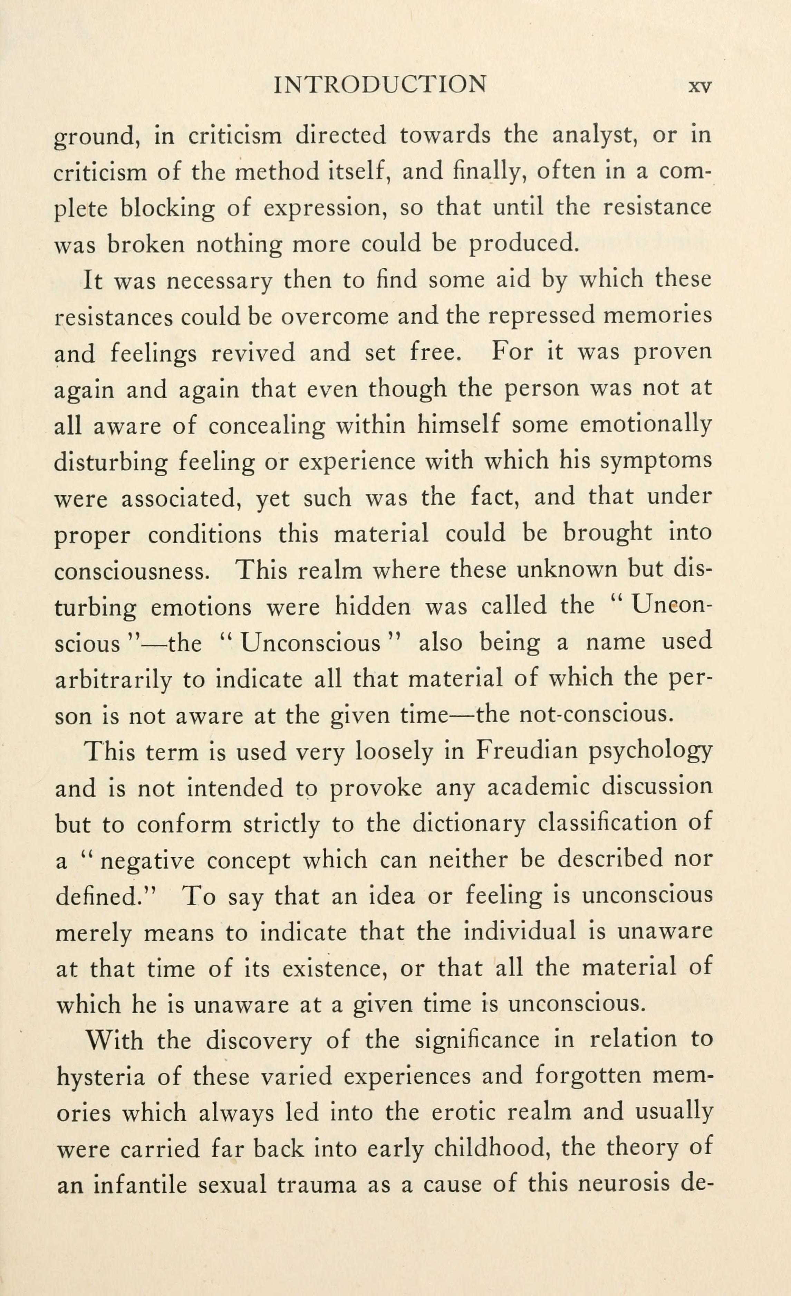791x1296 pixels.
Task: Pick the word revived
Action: pos(253,352)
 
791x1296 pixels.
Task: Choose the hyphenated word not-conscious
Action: pos(596,715)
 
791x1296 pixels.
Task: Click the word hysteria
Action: pos(100,1078)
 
